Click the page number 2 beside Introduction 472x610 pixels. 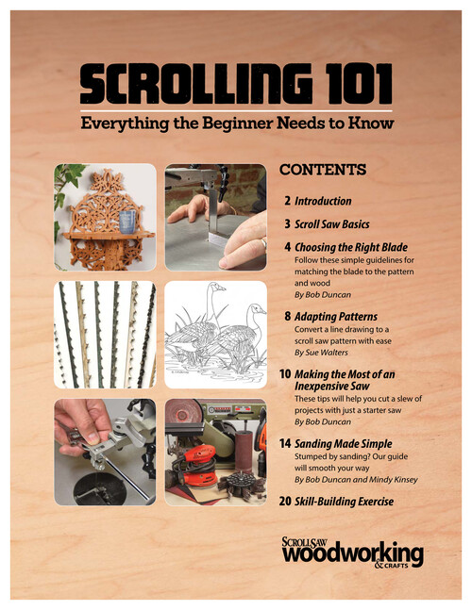[287, 201]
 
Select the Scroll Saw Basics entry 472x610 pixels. [331, 224]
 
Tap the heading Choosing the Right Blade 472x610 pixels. [351, 247]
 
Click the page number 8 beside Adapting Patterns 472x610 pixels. [287, 316]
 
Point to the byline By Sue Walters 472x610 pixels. [321, 353]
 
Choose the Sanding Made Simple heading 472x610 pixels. [343, 443]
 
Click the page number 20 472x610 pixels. [285, 501]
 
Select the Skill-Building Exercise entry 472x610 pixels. [344, 502]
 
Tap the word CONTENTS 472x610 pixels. [323, 170]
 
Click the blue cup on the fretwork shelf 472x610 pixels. [127, 222]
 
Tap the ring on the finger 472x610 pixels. [264, 244]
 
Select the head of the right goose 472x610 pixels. [257, 309]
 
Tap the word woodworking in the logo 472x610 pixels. [352, 553]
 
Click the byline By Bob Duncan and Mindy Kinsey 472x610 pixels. [356, 480]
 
